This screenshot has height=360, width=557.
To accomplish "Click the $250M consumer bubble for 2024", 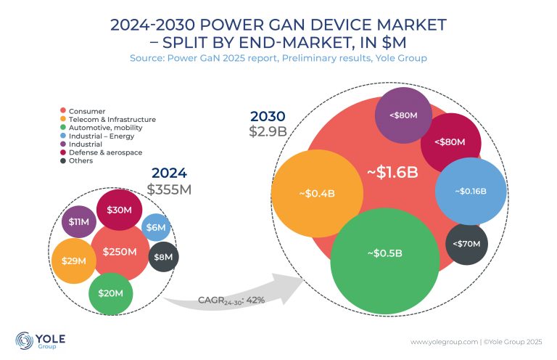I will coord(120,252).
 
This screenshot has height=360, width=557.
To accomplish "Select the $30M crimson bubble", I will coord(118,210).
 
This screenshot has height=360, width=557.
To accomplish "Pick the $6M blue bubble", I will coord(156,228).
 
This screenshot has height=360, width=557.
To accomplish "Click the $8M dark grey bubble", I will coord(163,256).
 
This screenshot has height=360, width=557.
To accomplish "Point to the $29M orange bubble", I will coord(72,260).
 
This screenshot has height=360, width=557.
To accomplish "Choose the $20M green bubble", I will coord(111,293).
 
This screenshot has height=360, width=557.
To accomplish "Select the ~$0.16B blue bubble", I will coord(470,192).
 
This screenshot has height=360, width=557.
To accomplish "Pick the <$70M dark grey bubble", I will coord(466,244).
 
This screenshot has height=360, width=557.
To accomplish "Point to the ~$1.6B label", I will coord(392,173).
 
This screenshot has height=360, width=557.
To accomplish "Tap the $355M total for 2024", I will coord(170,189).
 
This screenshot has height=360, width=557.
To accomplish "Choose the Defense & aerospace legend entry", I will coord(105,152).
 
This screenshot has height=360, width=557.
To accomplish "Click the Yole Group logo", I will coord(35,341).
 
